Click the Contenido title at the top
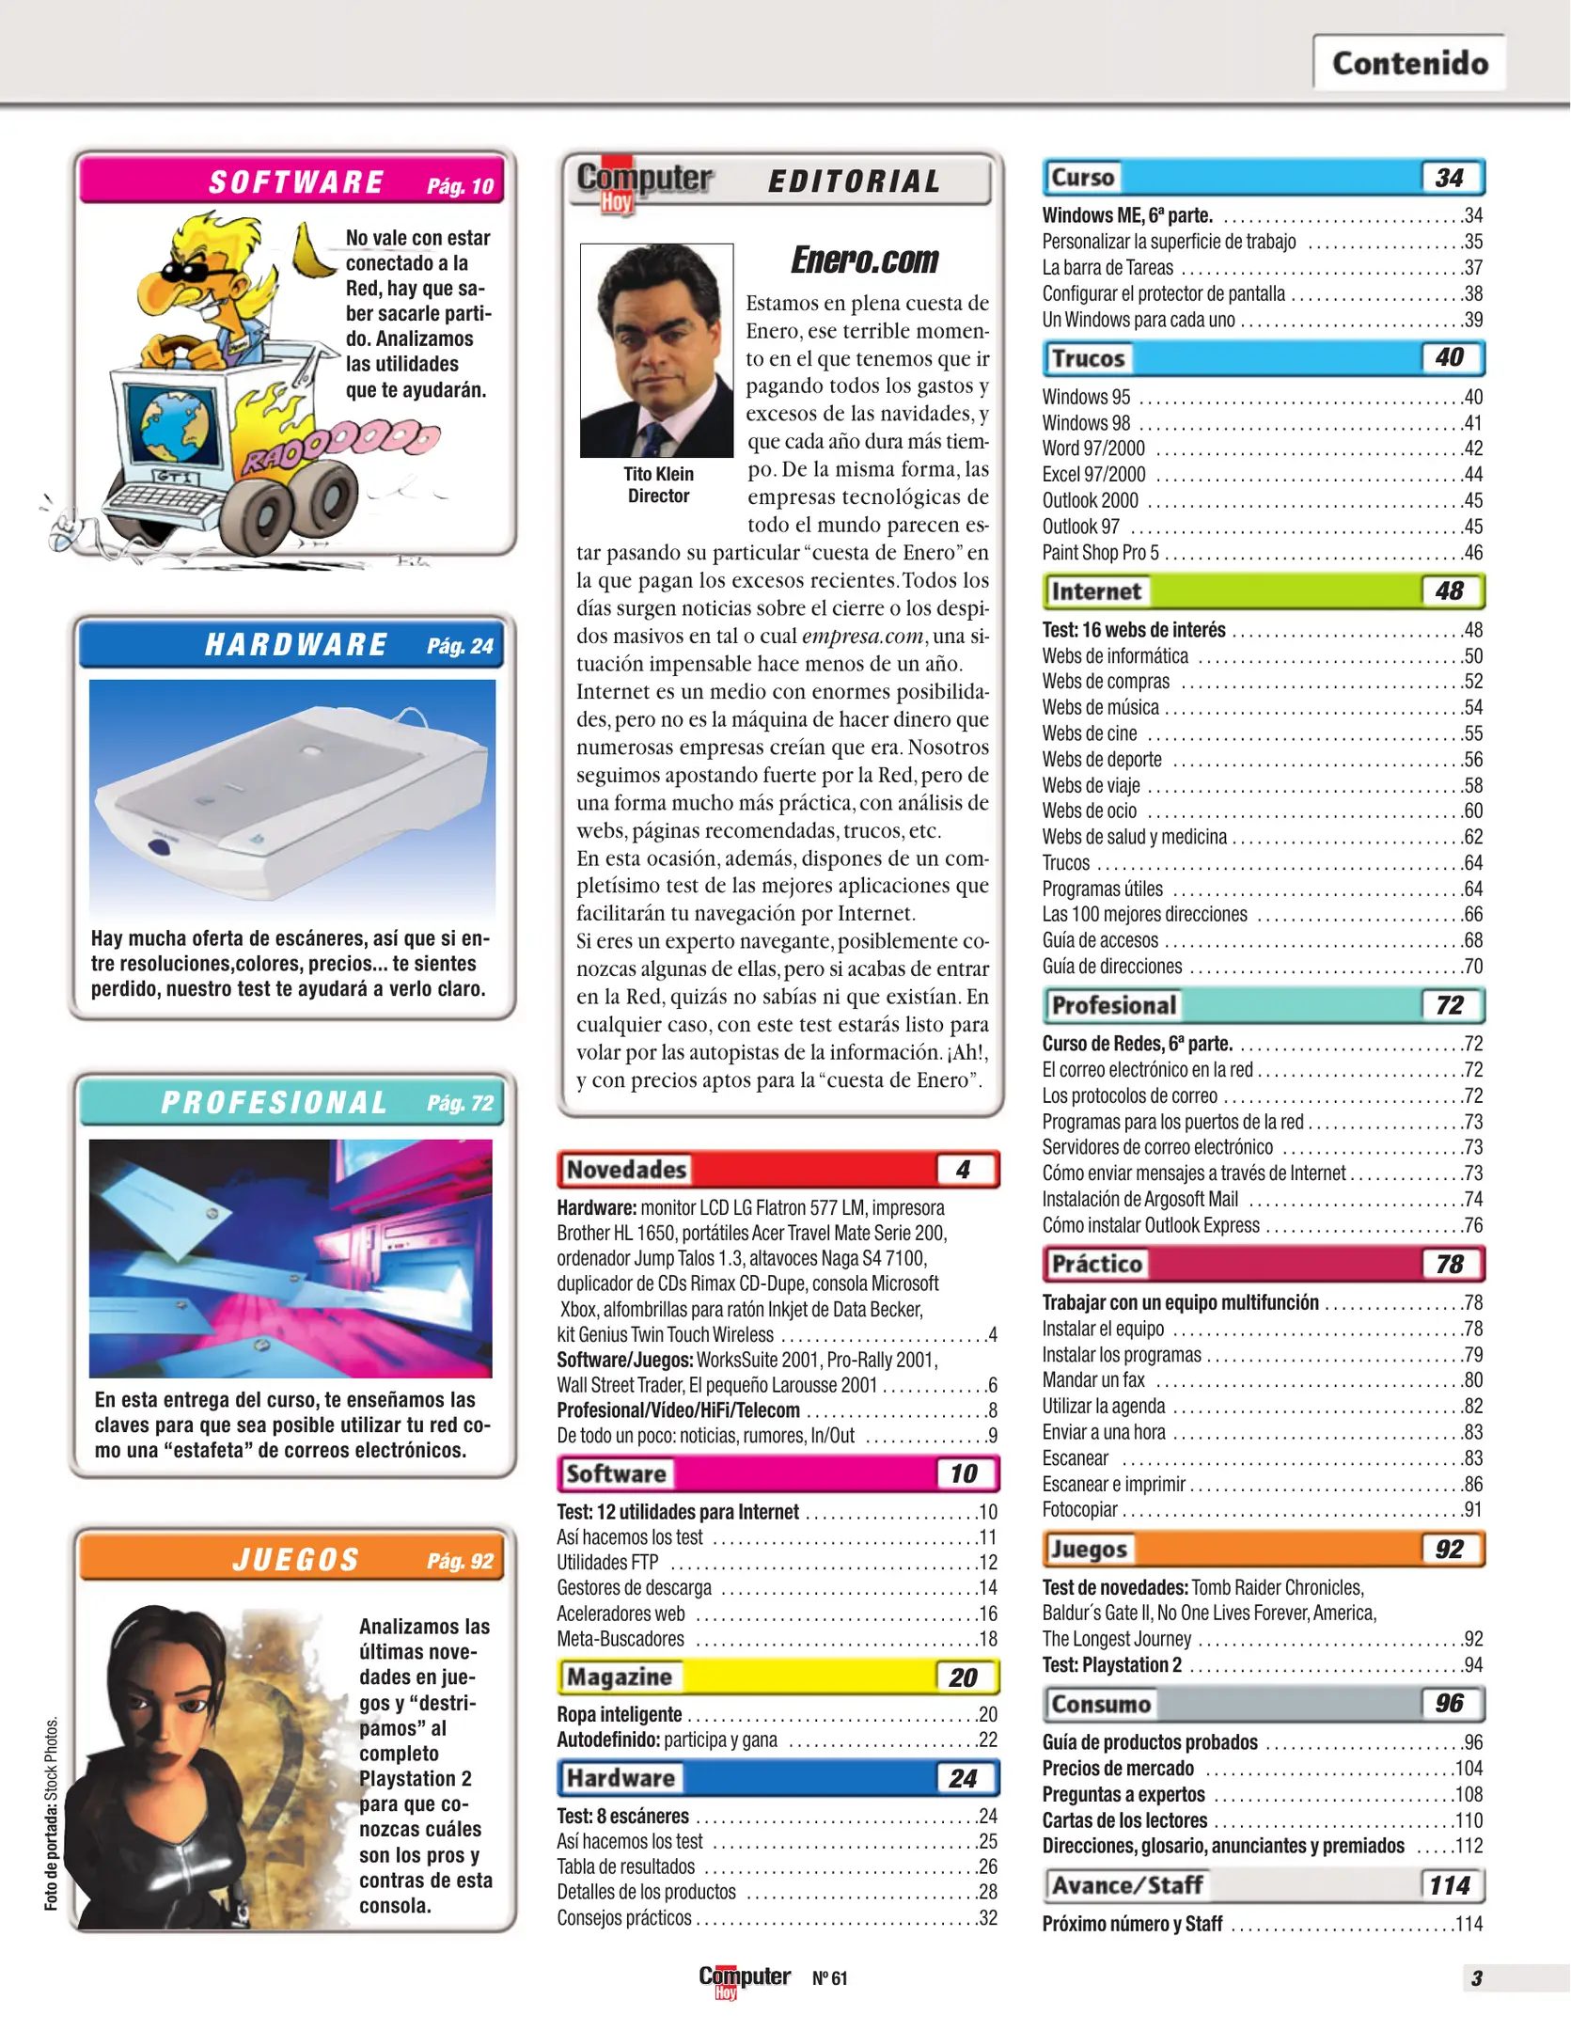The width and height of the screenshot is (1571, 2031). tap(1409, 63)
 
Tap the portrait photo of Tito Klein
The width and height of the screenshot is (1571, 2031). tap(656, 350)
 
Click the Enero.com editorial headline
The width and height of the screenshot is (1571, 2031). tap(864, 260)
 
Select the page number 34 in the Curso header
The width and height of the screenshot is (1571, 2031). tap(1449, 178)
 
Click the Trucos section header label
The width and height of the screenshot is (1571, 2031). tap(1088, 358)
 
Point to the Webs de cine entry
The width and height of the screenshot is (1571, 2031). tap(1090, 733)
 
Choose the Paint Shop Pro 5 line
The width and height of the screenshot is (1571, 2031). tap(1100, 553)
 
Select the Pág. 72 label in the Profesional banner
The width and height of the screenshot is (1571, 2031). tap(460, 1103)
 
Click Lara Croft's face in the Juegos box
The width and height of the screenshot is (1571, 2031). tap(160, 1692)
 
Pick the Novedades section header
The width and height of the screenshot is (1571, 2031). tap(626, 1170)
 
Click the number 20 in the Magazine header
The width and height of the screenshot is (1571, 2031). tap(963, 1677)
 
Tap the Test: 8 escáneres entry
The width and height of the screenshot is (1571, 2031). tap(622, 1816)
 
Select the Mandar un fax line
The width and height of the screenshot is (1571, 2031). tap(1093, 1380)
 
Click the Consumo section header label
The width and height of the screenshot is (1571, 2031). tap(1101, 1704)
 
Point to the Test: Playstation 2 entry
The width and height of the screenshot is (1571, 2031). tap(1111, 1664)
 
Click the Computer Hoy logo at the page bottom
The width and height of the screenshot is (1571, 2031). tap(744, 1977)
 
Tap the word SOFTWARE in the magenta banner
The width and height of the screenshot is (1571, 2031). tap(296, 182)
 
